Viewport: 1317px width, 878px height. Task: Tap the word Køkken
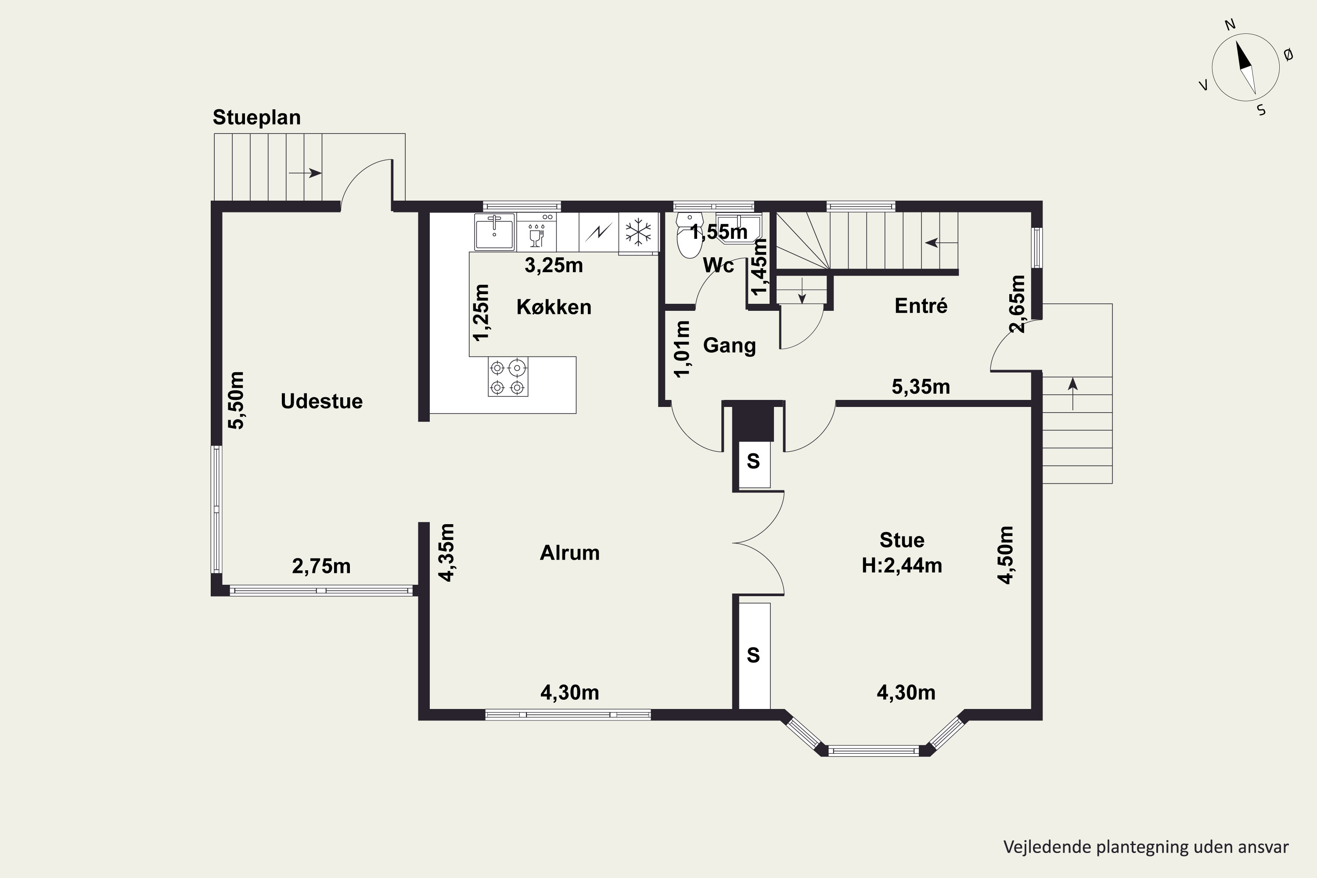pyautogui.click(x=554, y=307)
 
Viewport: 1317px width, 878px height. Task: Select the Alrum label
pyautogui.click(x=569, y=553)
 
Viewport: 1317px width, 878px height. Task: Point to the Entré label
pyautogui.click(x=921, y=305)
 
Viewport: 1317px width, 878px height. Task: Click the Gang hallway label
pyautogui.click(x=729, y=345)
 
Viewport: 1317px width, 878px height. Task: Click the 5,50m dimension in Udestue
pyautogui.click(x=236, y=400)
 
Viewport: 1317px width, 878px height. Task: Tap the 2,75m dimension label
pyautogui.click(x=321, y=566)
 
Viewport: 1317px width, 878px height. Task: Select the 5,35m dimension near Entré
pyautogui.click(x=921, y=387)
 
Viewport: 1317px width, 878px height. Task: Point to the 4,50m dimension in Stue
pyautogui.click(x=1006, y=555)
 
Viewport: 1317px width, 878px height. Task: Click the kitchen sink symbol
pyautogui.click(x=494, y=232)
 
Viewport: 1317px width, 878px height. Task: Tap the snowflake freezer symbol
pyautogui.click(x=638, y=232)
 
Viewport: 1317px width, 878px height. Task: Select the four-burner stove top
pyautogui.click(x=508, y=377)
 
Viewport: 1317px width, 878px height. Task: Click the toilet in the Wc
pyautogui.click(x=689, y=235)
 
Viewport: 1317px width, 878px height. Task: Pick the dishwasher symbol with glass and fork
pyautogui.click(x=536, y=232)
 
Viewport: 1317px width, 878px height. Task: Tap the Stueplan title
pyautogui.click(x=256, y=118)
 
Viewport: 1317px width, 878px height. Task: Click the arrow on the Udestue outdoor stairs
pyautogui.click(x=305, y=173)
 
